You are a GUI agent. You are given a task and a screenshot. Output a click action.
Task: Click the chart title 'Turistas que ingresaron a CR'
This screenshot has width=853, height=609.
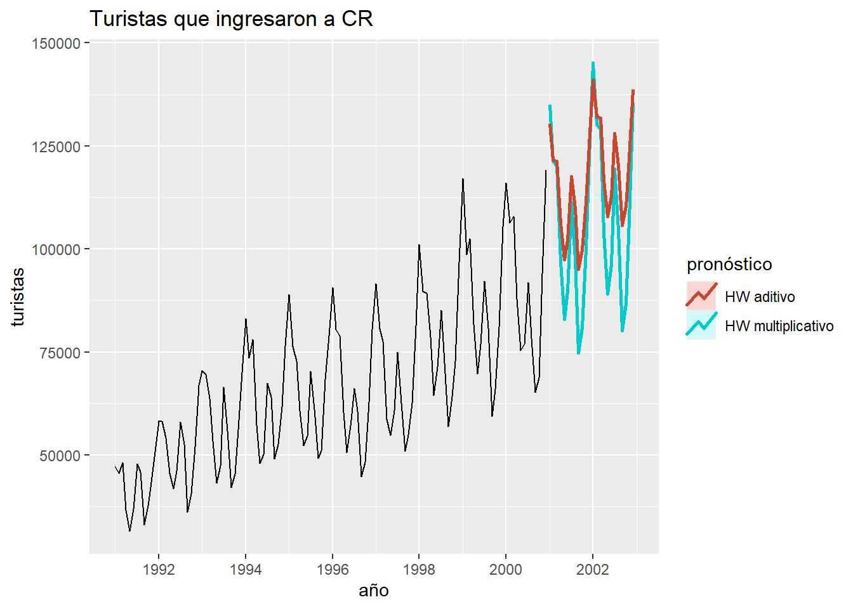(x=231, y=19)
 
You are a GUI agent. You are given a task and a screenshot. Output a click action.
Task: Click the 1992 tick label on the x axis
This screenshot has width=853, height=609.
(x=159, y=569)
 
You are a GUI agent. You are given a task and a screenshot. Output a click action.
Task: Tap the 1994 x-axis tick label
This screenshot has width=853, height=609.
(x=246, y=569)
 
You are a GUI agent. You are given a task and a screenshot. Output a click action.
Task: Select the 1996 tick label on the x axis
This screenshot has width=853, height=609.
(x=333, y=569)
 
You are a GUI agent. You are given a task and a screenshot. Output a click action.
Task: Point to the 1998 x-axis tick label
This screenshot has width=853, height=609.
(x=419, y=569)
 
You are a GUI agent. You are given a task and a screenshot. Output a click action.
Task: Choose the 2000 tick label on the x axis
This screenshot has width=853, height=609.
(x=506, y=569)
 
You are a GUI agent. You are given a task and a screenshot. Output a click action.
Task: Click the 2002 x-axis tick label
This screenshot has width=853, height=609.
(x=593, y=569)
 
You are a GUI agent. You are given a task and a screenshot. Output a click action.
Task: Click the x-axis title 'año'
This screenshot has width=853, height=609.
(x=374, y=591)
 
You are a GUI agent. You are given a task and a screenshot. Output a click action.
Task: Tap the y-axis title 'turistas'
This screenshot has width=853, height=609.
(x=18, y=297)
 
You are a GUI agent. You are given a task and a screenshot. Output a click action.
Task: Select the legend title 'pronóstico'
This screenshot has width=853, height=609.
(x=729, y=264)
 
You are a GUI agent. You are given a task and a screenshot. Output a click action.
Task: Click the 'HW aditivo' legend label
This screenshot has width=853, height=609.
(x=760, y=297)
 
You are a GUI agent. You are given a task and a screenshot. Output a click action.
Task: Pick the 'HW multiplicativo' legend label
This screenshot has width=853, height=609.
(x=779, y=326)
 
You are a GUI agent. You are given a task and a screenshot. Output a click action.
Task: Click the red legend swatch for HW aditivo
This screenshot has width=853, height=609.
(x=701, y=296)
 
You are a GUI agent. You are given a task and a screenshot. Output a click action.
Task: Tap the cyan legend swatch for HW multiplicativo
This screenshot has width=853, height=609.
(x=701, y=325)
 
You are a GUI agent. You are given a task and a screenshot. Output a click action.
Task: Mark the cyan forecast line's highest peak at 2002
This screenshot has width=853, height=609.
(x=593, y=63)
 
